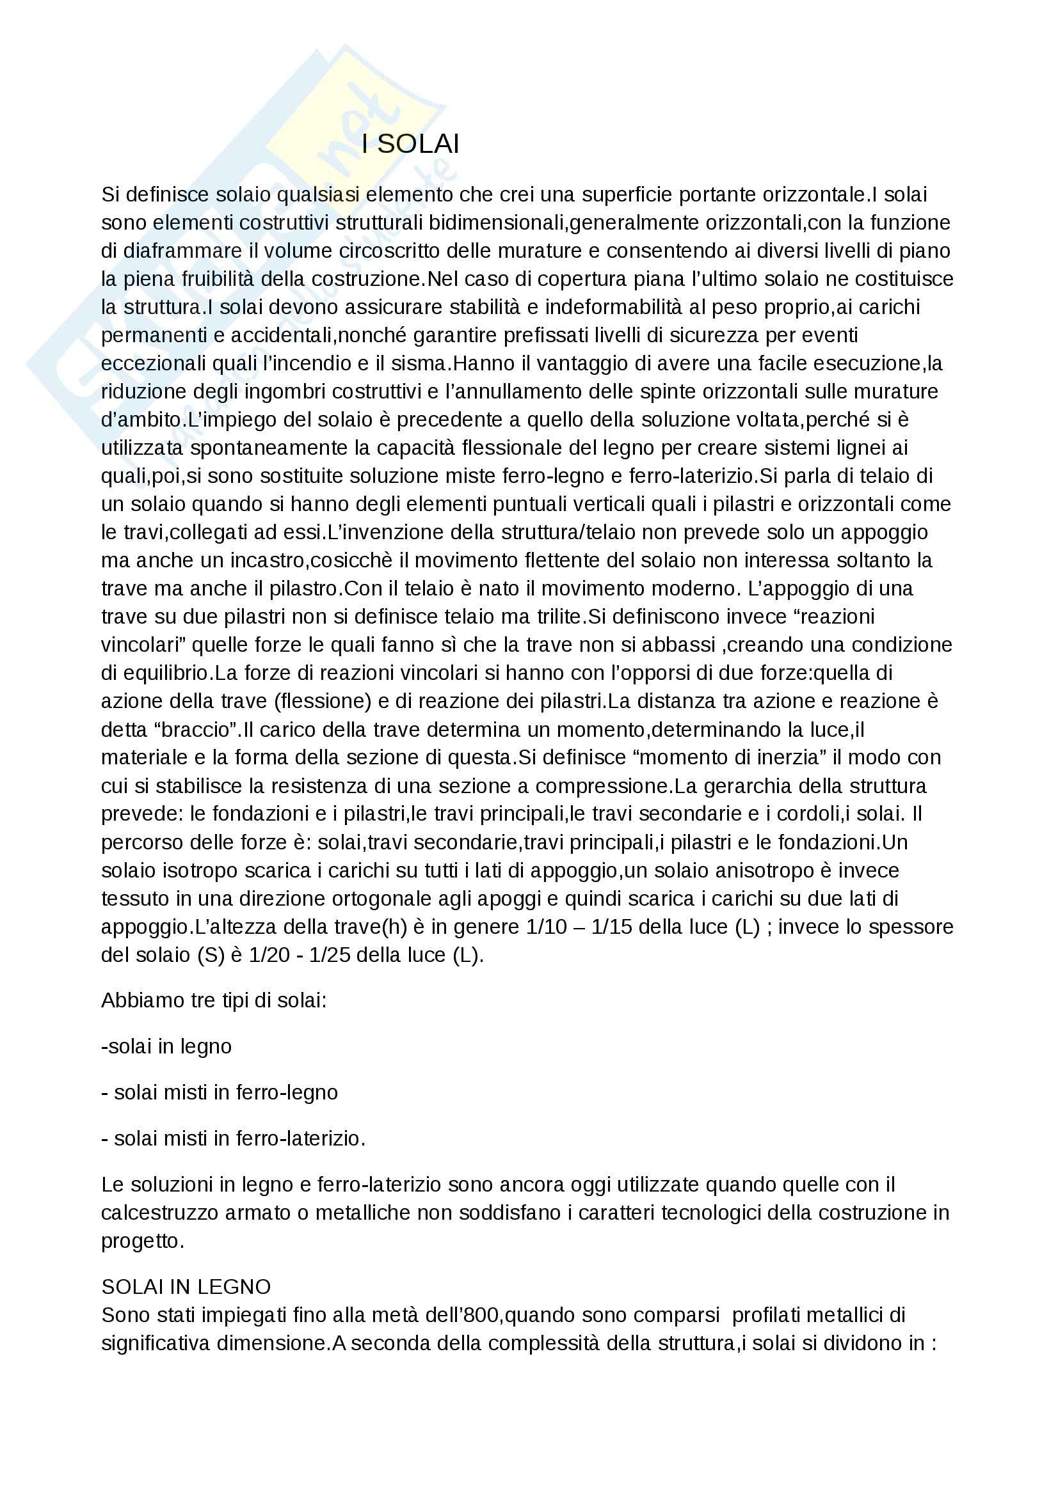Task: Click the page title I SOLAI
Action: pos(410,145)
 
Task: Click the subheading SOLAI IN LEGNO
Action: pos(186,1287)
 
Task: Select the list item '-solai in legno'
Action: pos(167,1046)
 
